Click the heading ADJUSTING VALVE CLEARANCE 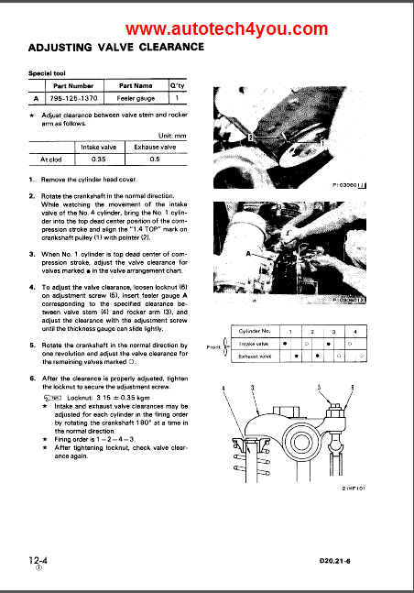tap(116, 47)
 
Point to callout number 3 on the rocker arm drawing tap(253, 389)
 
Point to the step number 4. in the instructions tap(32, 287)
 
